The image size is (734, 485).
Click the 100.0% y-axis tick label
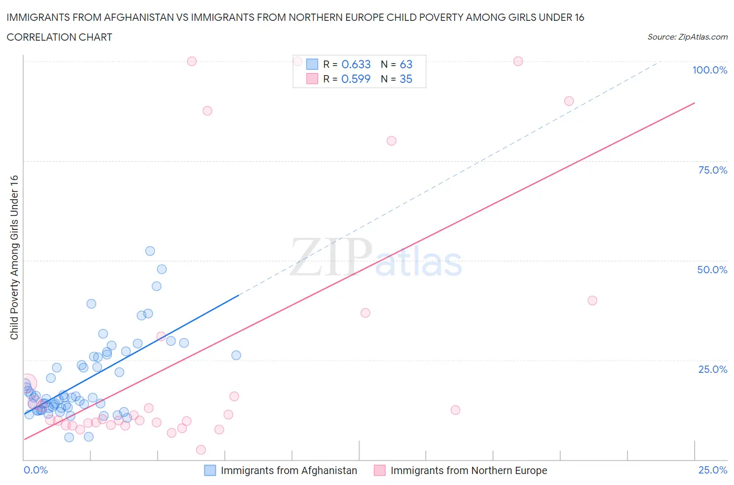[x=709, y=70]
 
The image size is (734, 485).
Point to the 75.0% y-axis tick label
[x=712, y=170]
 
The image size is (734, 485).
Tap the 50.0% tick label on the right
[x=712, y=270]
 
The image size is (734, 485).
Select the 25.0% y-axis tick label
[x=712, y=369]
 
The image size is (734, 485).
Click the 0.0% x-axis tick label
[x=35, y=470]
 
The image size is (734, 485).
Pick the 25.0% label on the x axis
[x=713, y=470]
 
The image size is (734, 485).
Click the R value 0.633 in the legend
[x=356, y=64]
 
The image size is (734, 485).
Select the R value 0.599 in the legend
[x=356, y=79]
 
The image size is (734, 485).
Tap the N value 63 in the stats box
[x=406, y=64]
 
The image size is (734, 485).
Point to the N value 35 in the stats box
[x=406, y=79]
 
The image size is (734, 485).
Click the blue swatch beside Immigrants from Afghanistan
[x=210, y=470]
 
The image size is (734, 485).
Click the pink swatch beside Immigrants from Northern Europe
[x=380, y=470]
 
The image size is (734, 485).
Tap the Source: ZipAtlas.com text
[x=687, y=37]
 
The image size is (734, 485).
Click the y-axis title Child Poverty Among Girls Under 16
[x=15, y=257]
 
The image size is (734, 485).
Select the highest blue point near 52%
[x=150, y=251]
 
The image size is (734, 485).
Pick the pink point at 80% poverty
[x=392, y=141]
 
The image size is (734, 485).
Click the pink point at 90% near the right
[x=569, y=101]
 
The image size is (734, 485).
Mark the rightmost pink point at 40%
[x=592, y=300]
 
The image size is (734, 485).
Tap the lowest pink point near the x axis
[x=201, y=450]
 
